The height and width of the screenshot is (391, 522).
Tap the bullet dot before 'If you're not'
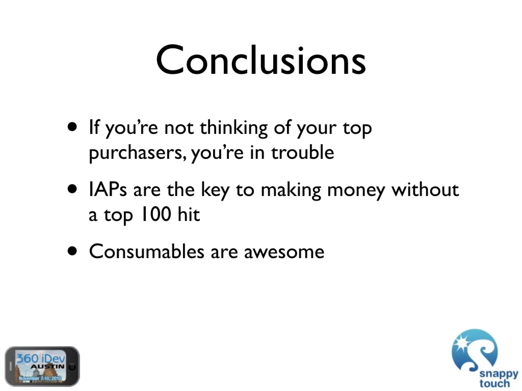(x=72, y=127)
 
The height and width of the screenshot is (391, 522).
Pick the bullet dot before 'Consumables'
(x=72, y=251)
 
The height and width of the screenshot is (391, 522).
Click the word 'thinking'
(x=234, y=128)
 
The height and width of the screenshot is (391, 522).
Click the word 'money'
(x=356, y=191)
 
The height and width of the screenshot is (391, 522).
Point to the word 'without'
(x=425, y=190)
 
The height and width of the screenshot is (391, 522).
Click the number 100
(x=156, y=214)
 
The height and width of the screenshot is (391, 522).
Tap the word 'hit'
(x=189, y=214)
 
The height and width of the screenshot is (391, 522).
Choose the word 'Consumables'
(x=147, y=252)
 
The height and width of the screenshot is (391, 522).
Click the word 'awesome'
(x=284, y=252)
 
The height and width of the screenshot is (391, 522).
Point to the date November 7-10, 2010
(x=40, y=378)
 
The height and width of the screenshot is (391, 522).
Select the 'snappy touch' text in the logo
(x=498, y=379)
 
